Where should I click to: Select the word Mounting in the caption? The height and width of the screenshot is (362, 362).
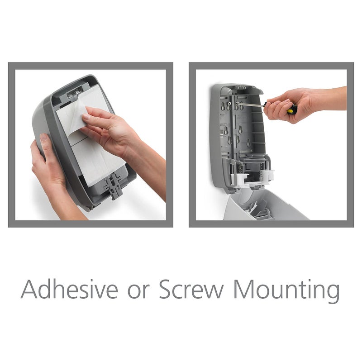pos(286,290)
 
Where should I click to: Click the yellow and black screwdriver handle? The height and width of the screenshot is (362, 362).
pos(292,109)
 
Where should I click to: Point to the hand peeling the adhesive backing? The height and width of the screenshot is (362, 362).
pos(109,129)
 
